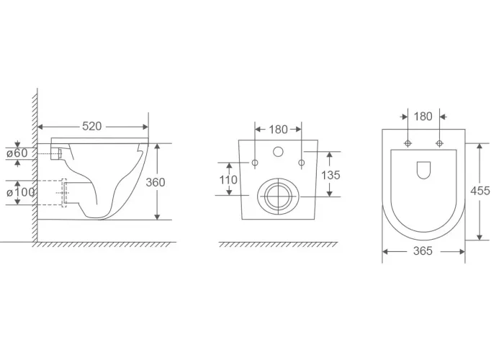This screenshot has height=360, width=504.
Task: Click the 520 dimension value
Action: tap(92, 126)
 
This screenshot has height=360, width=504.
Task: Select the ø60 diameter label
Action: tap(17, 153)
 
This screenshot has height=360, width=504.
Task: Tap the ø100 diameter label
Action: tap(21, 192)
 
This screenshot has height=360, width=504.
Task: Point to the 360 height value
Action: tap(156, 182)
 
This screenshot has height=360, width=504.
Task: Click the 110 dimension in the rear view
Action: tap(228, 180)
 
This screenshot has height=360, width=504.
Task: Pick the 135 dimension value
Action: tap(330, 175)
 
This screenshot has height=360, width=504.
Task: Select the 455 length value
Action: tap(480, 191)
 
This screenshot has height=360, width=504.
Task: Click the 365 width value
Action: tap(423, 251)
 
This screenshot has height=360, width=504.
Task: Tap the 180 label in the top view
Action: tap(423, 117)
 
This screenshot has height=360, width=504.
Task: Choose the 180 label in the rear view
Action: tap(278, 130)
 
